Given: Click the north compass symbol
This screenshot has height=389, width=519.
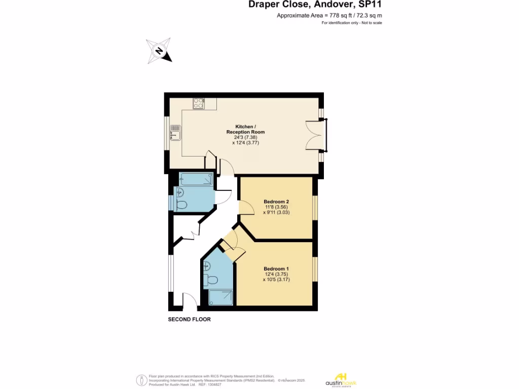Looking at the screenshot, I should point(159,51).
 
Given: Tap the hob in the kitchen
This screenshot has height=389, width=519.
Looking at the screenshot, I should point(198,103).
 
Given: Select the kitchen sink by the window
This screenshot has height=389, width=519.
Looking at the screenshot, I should point(175,132).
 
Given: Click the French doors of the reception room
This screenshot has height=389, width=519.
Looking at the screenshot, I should point(317,135).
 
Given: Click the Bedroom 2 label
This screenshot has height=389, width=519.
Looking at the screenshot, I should point(276,201).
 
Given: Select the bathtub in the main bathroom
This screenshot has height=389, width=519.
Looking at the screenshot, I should point(196,179).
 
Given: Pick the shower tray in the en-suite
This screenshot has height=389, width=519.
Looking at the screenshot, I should point(221,297).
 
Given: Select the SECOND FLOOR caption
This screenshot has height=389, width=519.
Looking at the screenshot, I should point(189,320).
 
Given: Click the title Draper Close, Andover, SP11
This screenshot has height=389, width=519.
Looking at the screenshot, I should point(315,5).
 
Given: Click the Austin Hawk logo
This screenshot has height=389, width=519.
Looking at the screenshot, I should point(340,380).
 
